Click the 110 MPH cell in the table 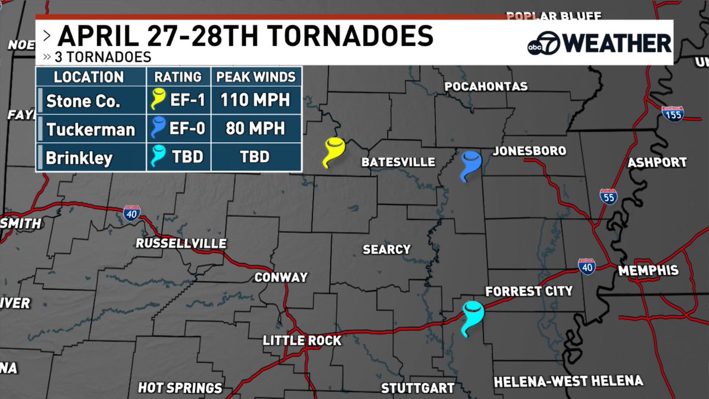[x=255, y=100]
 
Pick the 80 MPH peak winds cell [x=255, y=128]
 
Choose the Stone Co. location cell [x=83, y=101]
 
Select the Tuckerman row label [x=90, y=129]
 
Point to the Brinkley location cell [x=79, y=157]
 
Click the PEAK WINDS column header [x=255, y=77]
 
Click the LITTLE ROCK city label [x=302, y=340]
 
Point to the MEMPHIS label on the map [x=648, y=271]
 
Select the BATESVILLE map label [x=398, y=162]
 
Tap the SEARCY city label [x=386, y=249]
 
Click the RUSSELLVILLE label [x=181, y=244]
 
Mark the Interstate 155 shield [x=672, y=114]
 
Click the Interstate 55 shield [x=608, y=197]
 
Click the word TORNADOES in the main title [x=349, y=36]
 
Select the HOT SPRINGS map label [x=180, y=388]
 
